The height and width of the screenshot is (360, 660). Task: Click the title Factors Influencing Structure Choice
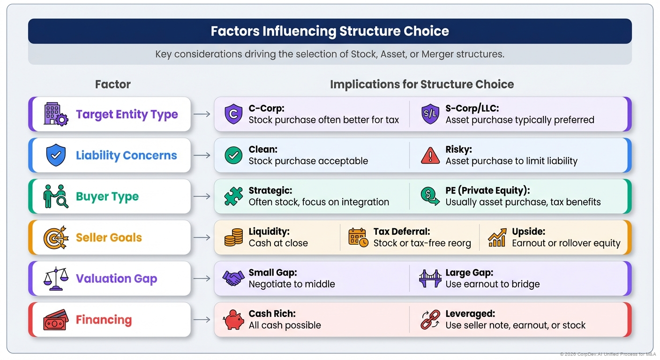(x=330, y=31)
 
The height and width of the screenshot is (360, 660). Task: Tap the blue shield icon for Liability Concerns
(x=56, y=155)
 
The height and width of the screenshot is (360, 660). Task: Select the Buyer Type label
(x=107, y=196)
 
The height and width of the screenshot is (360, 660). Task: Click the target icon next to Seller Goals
(x=56, y=238)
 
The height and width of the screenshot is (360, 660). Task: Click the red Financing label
(x=104, y=320)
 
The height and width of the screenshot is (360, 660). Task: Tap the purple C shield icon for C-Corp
(x=233, y=114)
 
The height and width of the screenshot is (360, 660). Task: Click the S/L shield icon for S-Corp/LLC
(x=430, y=114)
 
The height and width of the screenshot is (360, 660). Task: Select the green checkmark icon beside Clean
(x=233, y=155)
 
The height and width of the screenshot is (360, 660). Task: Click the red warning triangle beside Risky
(x=430, y=155)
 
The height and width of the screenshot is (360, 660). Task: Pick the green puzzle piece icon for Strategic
(x=233, y=196)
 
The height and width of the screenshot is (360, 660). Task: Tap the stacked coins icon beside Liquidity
(x=233, y=238)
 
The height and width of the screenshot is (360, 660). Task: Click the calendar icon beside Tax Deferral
(x=358, y=238)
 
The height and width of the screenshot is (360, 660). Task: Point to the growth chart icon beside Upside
(x=497, y=238)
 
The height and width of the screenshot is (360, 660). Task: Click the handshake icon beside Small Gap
(x=233, y=278)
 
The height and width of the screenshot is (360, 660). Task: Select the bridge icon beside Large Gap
(x=430, y=278)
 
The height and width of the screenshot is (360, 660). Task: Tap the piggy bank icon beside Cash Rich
(x=233, y=320)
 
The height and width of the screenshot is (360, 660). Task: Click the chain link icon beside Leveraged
(x=430, y=320)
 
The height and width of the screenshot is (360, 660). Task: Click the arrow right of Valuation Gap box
(x=202, y=278)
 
